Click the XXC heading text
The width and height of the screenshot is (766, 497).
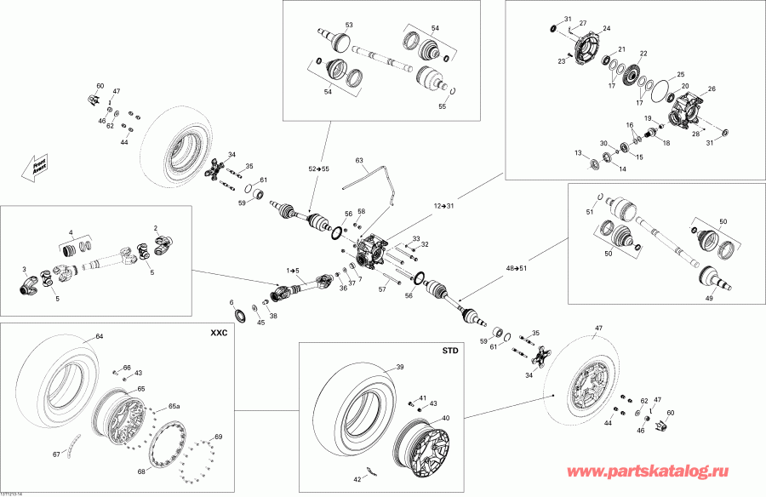219,334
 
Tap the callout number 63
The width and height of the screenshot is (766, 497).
359,160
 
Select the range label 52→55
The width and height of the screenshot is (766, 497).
318,169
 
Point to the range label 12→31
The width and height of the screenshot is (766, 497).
444,206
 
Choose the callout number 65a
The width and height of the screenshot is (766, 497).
174,407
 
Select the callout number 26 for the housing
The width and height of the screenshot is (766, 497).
712,89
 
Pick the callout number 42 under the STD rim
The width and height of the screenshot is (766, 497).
357,479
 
